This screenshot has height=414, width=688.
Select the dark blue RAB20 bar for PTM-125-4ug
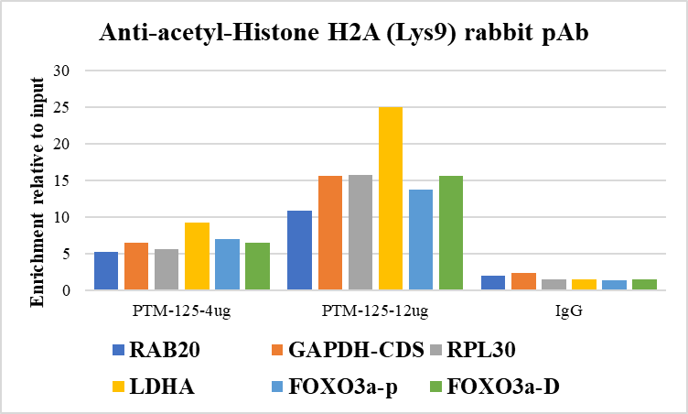[106, 271]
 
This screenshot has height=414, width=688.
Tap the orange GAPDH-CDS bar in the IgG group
[523, 281]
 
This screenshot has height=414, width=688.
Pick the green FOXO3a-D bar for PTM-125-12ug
[451, 234]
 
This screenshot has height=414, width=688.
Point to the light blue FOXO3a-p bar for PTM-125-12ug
[421, 240]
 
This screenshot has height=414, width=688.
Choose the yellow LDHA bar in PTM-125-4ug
[197, 256]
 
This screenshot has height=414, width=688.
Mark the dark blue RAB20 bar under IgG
[493, 283]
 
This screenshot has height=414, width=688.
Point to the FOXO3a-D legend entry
[500, 387]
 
